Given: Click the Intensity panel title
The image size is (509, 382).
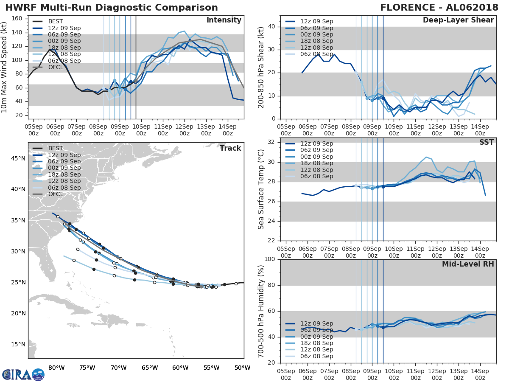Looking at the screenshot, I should tap(224, 20).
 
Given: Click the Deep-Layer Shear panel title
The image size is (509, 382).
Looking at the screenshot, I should tap(458, 20).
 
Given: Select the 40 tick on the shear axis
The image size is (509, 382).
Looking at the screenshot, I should tap(272, 26).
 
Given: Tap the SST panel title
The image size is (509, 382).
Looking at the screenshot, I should tap(487, 142).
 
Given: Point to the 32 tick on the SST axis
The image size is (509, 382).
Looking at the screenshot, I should tap(272, 142).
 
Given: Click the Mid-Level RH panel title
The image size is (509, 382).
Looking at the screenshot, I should tap(468, 264).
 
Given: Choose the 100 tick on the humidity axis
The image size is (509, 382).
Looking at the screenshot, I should tap(270, 259).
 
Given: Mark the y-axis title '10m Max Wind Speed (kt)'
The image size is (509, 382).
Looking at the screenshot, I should tap(4, 68).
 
